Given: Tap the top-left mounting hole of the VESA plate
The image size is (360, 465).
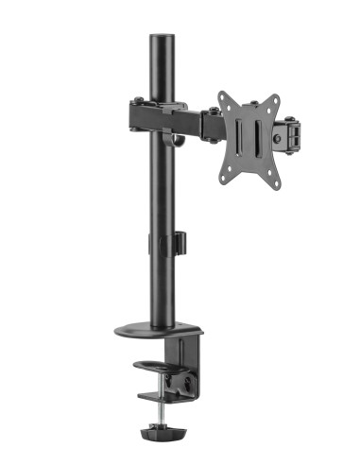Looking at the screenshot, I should click(x=225, y=97).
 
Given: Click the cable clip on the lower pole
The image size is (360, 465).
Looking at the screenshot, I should click(x=176, y=242).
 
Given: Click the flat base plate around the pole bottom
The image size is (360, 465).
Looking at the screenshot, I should click(x=156, y=331).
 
